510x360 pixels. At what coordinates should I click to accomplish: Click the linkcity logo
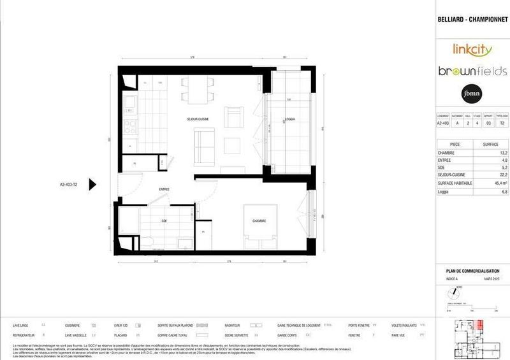(x=472, y=48)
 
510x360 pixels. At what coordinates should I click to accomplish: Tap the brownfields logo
(x=472, y=71)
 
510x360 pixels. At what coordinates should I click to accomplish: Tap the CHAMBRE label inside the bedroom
(x=258, y=221)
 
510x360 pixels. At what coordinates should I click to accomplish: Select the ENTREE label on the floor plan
(x=147, y=190)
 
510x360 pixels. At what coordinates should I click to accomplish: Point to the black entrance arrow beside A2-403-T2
(x=92, y=185)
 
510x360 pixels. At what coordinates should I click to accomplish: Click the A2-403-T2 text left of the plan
(x=64, y=185)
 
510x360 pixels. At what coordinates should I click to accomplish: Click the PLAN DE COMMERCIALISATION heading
(x=473, y=271)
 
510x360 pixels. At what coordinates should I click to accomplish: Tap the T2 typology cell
(x=502, y=124)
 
